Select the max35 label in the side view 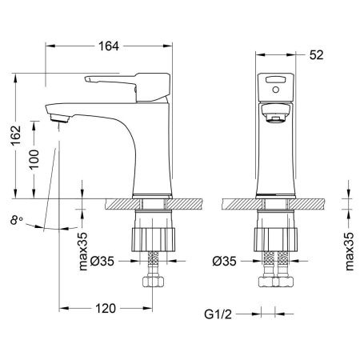(x=85, y=251)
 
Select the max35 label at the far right (x=349, y=251)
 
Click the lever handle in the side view (x=120, y=79)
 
